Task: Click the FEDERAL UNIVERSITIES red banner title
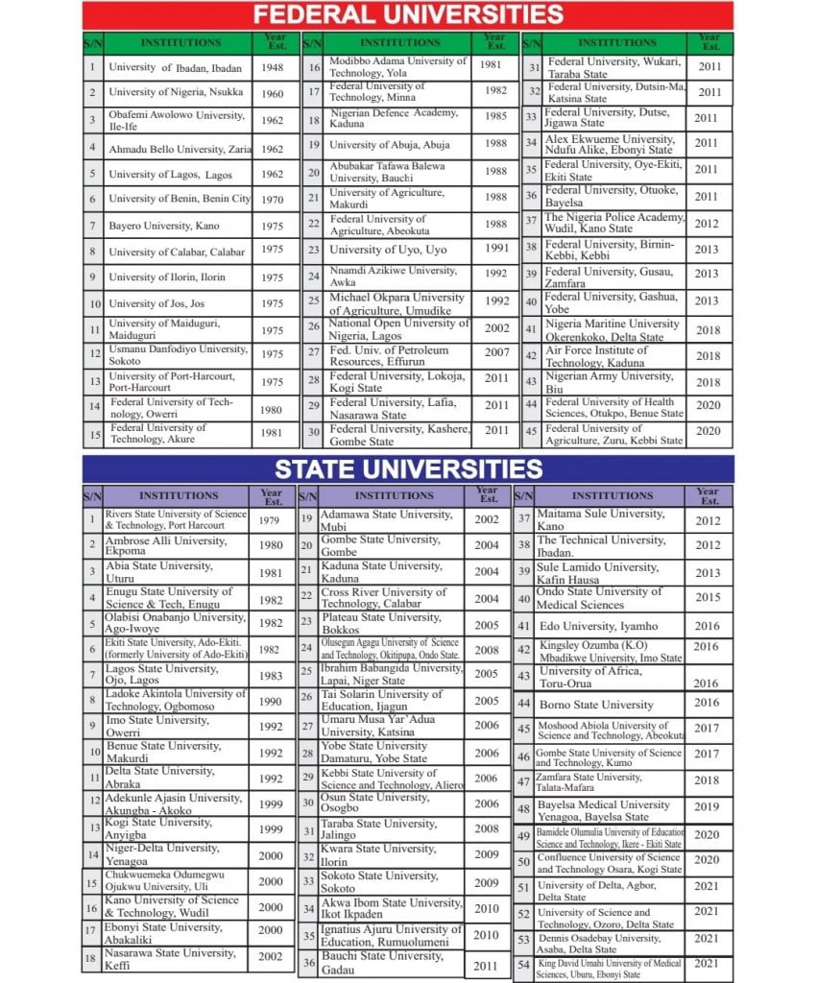[x=407, y=14]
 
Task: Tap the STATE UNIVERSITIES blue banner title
[x=408, y=469]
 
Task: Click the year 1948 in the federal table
[x=272, y=67]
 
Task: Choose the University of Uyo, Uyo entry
[x=388, y=250]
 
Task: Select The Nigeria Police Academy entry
[x=614, y=223]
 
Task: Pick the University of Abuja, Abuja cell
[x=389, y=145]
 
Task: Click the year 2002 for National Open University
[x=495, y=327]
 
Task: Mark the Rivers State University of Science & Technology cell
[x=176, y=519]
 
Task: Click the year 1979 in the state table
[x=271, y=520]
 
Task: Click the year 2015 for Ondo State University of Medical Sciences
[x=707, y=598]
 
